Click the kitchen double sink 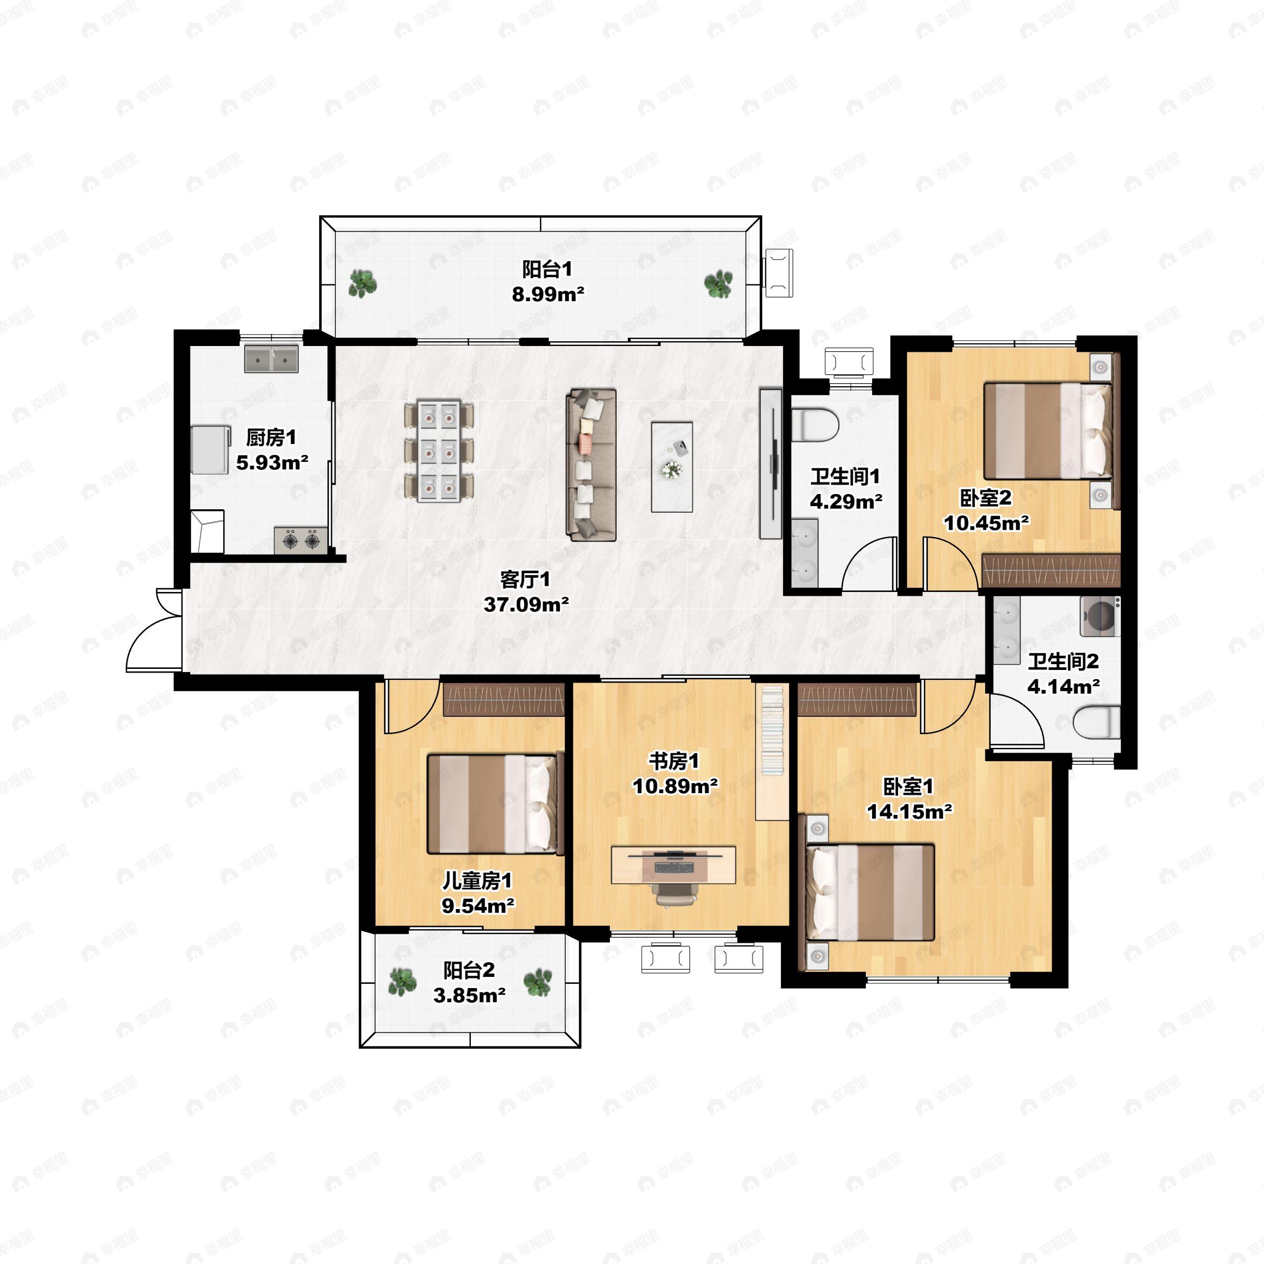pos(272,359)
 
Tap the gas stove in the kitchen pos(301,540)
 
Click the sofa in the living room pos(591,465)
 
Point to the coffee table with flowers pos(672,467)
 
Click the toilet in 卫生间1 pos(815,424)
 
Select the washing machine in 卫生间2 pos(1100,616)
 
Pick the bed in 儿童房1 pos(495,804)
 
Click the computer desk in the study pos(674,864)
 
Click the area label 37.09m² pos(526,605)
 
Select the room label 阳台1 pos(547,269)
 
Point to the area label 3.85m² pos(469,995)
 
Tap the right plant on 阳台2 pos(538,982)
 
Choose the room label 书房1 pos(674,761)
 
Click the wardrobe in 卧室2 pos(1051,570)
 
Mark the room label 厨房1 pos(271,437)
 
